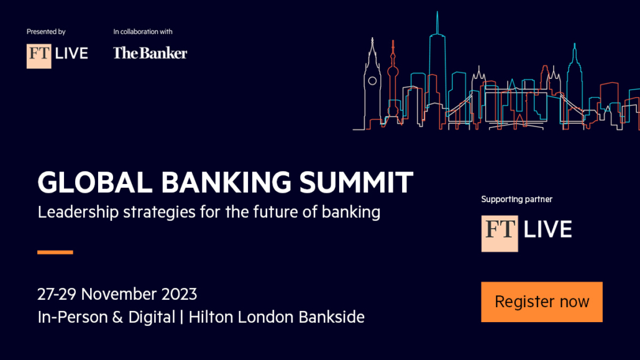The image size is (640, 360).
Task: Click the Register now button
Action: (x=542, y=302)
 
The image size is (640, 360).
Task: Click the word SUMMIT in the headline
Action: (x=356, y=182)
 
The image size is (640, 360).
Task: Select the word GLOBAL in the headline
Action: (x=95, y=182)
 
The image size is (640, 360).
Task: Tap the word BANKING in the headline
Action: (x=226, y=182)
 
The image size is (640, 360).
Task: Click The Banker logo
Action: (x=150, y=53)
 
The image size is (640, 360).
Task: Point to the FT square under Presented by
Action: (x=39, y=56)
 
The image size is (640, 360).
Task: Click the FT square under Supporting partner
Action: (x=500, y=234)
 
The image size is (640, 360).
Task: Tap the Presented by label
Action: (x=46, y=32)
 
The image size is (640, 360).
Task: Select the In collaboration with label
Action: (x=143, y=32)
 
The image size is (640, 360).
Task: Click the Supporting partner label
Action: (x=517, y=200)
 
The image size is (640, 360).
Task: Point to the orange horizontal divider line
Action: (x=55, y=252)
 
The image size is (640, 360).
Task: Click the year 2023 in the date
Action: (x=179, y=294)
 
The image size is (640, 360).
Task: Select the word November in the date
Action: (x=119, y=294)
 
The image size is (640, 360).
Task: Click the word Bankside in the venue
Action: (x=331, y=317)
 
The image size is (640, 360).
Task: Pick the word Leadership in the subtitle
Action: (x=78, y=213)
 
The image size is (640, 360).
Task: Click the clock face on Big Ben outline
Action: (x=372, y=81)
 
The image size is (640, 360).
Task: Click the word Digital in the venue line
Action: (x=152, y=317)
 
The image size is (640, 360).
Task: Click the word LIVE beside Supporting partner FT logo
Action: (x=548, y=229)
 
